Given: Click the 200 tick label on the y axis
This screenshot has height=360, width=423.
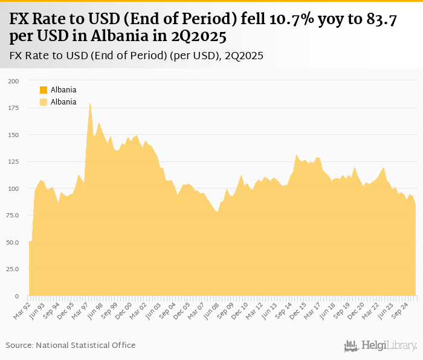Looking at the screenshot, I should click(13, 80).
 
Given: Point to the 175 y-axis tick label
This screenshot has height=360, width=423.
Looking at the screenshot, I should click(13, 108).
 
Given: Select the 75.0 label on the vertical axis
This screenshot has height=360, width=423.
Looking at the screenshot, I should click(12, 216).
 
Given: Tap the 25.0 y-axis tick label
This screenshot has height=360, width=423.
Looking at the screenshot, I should click(12, 269).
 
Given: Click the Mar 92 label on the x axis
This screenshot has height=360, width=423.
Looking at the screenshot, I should click(22, 310).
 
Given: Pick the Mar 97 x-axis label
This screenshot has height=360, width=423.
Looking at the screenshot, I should click(81, 310).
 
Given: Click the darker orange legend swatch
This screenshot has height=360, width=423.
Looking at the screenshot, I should click(44, 90).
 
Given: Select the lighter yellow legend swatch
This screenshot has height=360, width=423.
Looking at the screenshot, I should click(44, 102).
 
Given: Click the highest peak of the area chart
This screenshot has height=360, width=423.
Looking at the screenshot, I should click(90, 103).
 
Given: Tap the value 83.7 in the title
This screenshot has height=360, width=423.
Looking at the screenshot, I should click(381, 19).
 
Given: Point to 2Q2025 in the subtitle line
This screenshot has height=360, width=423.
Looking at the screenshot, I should click(244, 56).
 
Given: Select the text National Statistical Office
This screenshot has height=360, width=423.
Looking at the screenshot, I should click(85, 345).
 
